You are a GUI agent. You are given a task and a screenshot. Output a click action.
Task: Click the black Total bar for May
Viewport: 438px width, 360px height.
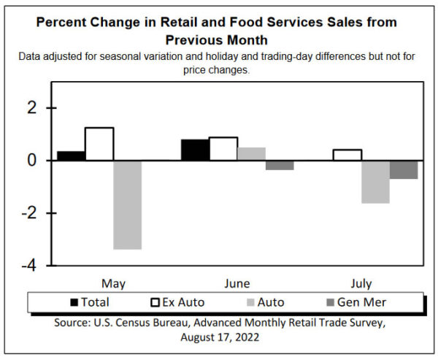71,156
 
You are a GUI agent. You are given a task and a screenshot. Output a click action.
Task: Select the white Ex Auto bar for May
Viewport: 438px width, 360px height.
99,144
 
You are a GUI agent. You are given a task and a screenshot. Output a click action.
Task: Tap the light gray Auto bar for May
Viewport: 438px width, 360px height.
127,204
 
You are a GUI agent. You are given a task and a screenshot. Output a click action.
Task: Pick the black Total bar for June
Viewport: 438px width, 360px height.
195,150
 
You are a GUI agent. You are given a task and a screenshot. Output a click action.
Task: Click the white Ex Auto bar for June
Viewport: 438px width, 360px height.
223,149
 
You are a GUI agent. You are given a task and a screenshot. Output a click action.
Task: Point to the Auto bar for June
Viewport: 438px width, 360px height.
251,154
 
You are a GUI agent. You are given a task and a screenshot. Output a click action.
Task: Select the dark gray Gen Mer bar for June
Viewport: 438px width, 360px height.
279,165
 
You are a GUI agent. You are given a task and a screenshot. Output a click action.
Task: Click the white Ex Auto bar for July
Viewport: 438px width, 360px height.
347,155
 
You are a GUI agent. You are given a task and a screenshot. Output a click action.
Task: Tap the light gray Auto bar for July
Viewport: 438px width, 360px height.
375,182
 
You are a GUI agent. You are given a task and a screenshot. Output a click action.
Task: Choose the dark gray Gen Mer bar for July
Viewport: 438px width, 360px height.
403,169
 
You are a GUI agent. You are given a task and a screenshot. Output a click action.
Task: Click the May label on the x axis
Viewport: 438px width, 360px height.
113,283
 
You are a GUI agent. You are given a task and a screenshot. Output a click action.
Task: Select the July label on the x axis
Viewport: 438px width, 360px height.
361,283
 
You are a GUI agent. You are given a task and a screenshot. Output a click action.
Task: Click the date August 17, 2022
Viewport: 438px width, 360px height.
219,338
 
